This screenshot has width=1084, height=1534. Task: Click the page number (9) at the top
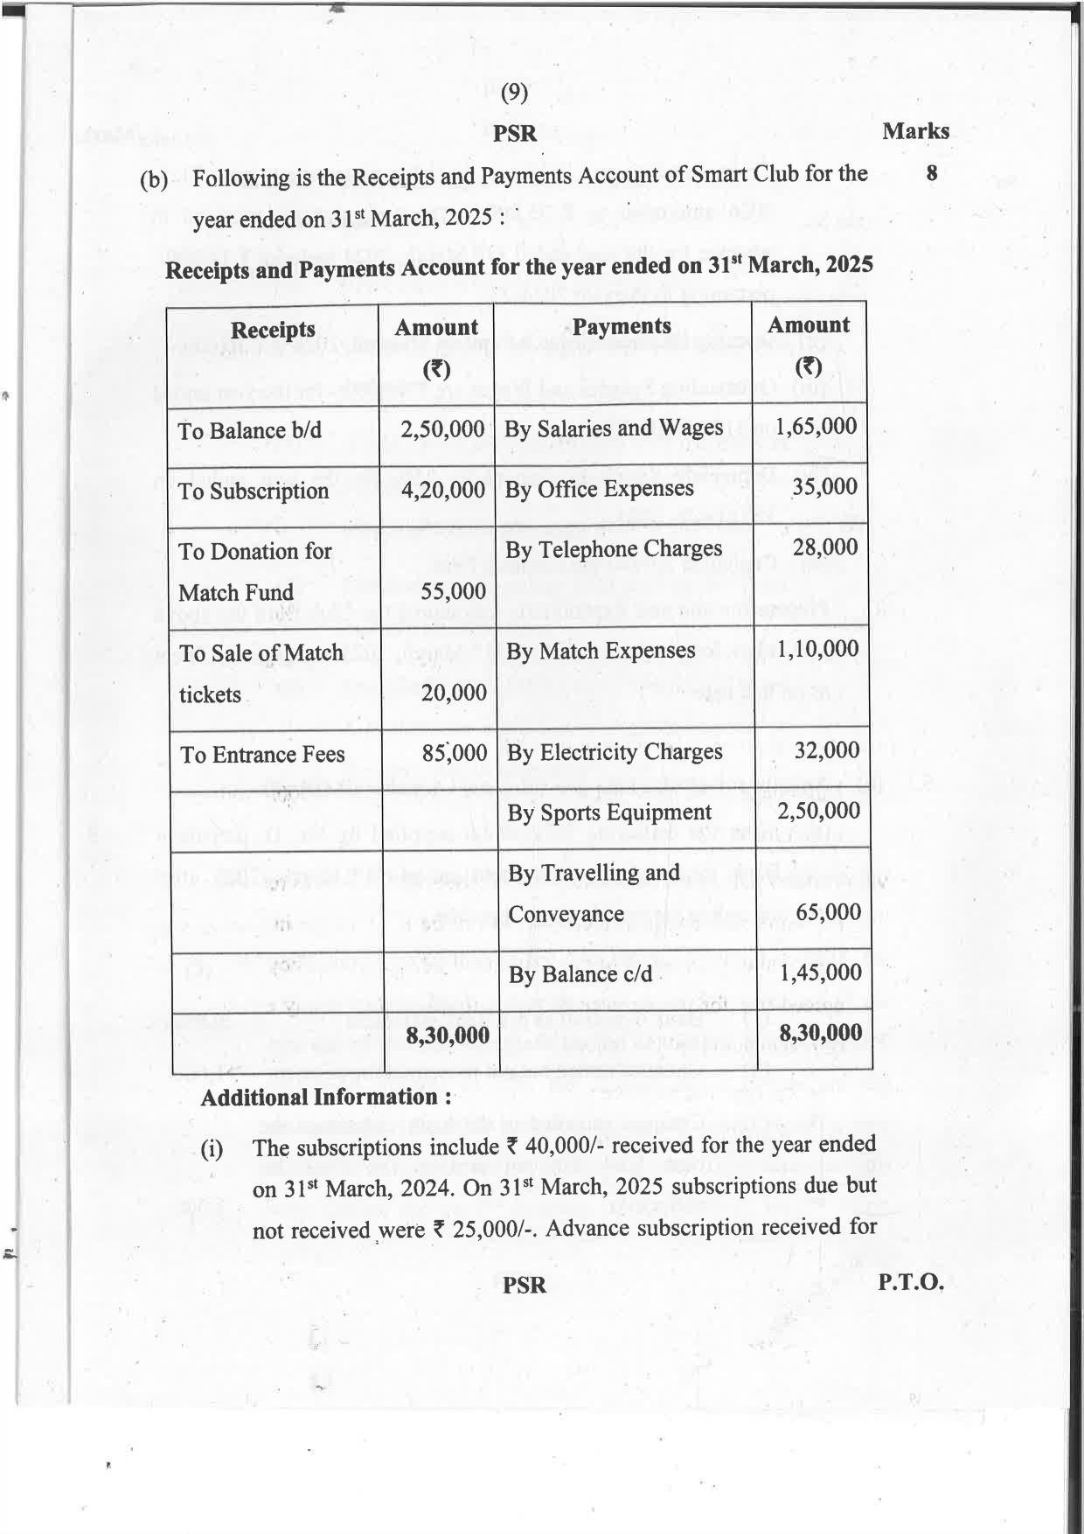tap(514, 93)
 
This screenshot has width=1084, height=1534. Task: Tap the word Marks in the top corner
tap(915, 131)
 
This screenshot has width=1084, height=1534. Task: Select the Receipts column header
tap(273, 330)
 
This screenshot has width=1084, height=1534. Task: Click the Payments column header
tap(622, 326)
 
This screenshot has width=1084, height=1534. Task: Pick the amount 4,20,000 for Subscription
tap(442, 490)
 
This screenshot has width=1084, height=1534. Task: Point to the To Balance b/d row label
tap(250, 430)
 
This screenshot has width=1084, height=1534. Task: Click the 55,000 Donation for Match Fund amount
tap(453, 591)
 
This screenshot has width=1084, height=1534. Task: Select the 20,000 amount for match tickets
tap(454, 693)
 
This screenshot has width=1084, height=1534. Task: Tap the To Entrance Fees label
tap(262, 754)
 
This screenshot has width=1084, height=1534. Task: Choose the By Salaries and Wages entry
tap(614, 429)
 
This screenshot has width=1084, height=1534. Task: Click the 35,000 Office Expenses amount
tap(824, 486)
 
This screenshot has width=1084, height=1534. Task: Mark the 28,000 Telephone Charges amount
tap(824, 547)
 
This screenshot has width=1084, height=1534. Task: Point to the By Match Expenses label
tap(601, 651)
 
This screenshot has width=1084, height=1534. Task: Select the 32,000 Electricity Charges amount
tap(826, 750)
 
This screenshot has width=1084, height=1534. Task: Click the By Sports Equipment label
tap(609, 812)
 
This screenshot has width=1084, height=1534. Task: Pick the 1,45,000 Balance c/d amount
tap(820, 973)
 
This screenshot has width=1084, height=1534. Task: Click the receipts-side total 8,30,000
tap(448, 1036)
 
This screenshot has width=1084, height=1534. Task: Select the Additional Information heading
tap(326, 1098)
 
